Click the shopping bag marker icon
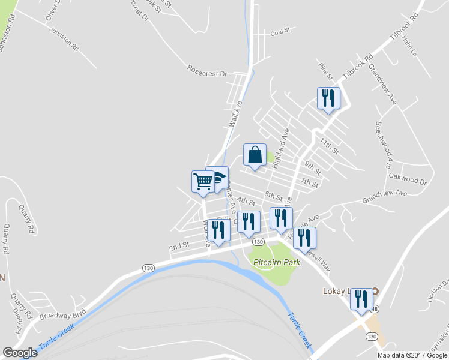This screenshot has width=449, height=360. pyautogui.click(x=255, y=155)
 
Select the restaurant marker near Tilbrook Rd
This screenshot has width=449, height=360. pyautogui.click(x=328, y=98)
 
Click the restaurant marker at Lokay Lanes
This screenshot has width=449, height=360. pyautogui.click(x=361, y=298)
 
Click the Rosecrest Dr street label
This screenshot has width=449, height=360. pyautogui.click(x=207, y=73)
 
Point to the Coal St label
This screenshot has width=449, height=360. pyautogui.click(x=280, y=30)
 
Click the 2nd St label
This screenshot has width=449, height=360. pyautogui.click(x=179, y=246)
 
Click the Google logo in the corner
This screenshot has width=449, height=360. pyautogui.click(x=20, y=353)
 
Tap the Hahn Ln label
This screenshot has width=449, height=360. pyautogui.click(x=409, y=44)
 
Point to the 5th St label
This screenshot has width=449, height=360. pyautogui.click(x=273, y=196)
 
